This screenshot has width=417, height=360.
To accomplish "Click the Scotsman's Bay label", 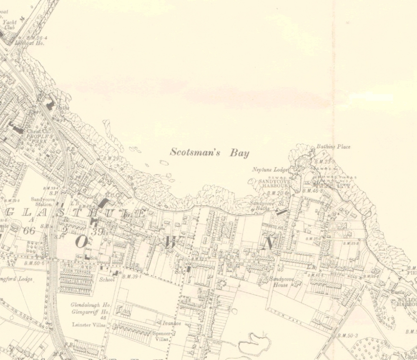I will (x=209, y=152).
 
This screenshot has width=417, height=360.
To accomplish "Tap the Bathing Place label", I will (x=333, y=146).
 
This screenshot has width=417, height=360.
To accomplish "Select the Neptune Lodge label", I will (x=269, y=170).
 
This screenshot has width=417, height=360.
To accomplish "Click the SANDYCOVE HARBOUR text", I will (x=274, y=184).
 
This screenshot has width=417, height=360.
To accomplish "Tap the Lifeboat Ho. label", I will (x=29, y=43).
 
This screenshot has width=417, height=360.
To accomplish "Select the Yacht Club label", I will (x=10, y=25).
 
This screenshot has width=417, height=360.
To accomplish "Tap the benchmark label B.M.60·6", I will (x=35, y=263).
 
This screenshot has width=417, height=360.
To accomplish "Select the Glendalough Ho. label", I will (x=90, y=305).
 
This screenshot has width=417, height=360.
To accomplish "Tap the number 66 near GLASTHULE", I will (x=29, y=230).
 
